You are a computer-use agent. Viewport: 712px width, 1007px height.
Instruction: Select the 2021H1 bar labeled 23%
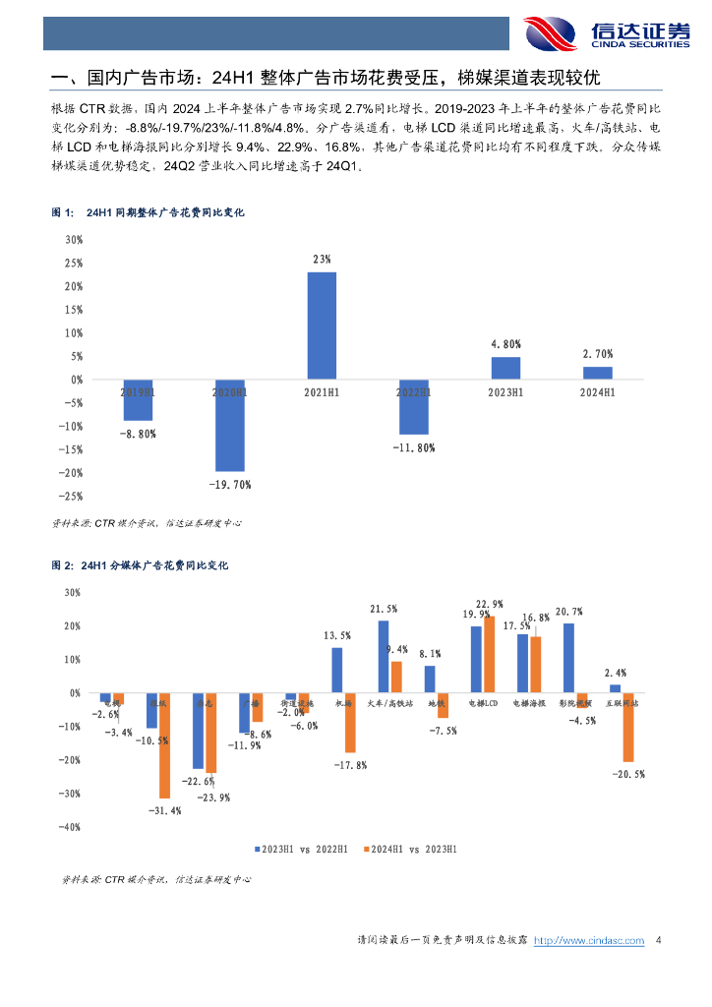[x=322, y=325]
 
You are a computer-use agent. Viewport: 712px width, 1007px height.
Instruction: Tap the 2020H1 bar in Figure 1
[x=229, y=425]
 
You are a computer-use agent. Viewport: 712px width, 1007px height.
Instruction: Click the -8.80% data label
[x=137, y=433]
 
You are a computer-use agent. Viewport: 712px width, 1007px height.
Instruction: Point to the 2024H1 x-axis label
[x=597, y=392]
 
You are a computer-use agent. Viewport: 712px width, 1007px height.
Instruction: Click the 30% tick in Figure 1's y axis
[x=73, y=240]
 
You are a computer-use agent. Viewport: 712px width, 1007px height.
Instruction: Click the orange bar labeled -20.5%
[x=627, y=727]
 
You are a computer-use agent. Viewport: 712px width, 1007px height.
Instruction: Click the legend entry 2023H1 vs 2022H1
[x=301, y=848]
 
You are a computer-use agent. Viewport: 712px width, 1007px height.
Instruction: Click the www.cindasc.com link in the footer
[x=595, y=941]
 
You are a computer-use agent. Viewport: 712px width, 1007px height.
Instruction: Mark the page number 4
[x=658, y=941]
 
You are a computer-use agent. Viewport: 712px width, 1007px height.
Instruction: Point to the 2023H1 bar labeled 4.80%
[x=505, y=368]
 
